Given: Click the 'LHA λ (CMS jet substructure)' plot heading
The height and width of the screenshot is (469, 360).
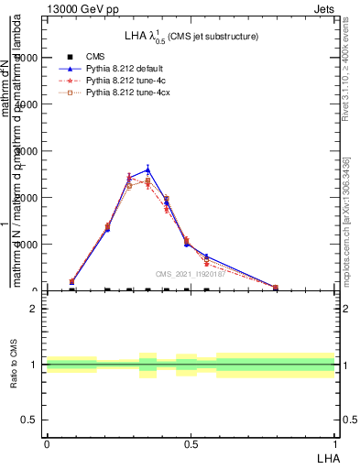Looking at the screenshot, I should point(191,36).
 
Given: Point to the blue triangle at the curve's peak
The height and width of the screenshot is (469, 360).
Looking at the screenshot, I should point(147,169).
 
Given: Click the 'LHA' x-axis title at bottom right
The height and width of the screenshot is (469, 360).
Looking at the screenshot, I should point(328,458).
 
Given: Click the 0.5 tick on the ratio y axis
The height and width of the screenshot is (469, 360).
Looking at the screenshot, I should point(31,420).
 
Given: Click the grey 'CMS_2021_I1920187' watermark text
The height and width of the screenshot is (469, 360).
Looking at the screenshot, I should point(190,273).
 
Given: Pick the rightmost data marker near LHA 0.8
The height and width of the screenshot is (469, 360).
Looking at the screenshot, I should point(276,288).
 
